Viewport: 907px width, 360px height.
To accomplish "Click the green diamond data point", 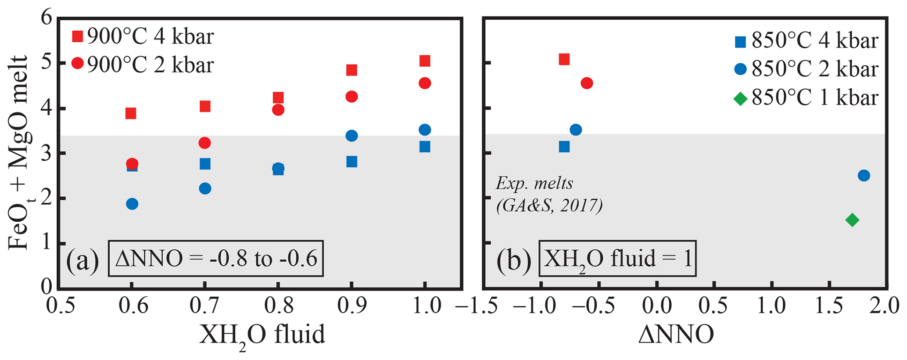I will click(x=852, y=220).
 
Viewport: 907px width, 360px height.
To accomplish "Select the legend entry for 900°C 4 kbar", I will click(x=143, y=36).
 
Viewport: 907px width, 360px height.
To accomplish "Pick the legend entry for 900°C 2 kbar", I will click(x=143, y=64).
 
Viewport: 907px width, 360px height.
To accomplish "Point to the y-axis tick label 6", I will click(x=47, y=18).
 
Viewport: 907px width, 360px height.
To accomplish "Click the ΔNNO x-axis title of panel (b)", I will click(x=676, y=335).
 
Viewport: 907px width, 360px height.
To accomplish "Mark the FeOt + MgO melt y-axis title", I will click(x=18, y=153).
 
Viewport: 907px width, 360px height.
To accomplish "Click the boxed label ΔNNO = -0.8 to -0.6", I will click(x=216, y=259).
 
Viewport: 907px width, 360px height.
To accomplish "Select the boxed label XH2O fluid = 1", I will click(x=617, y=259).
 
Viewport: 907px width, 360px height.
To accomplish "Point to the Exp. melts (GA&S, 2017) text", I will click(x=549, y=194).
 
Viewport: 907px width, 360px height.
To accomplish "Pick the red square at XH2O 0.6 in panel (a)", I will click(x=131, y=113).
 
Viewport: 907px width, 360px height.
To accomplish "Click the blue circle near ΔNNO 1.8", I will click(x=864, y=176).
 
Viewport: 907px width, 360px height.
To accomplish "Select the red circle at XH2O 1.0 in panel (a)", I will click(x=425, y=83).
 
